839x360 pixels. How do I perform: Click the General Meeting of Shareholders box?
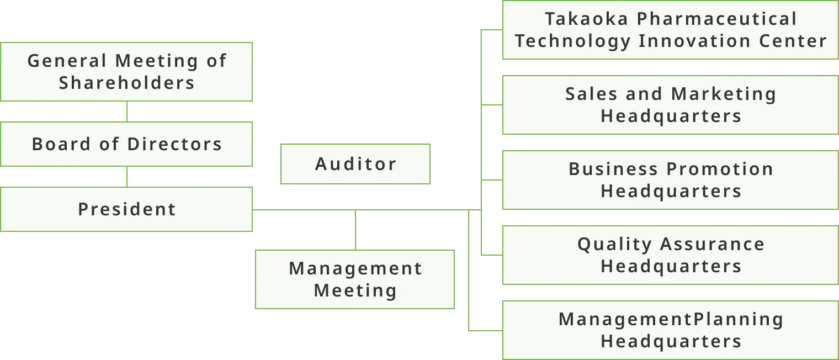tap(127, 71)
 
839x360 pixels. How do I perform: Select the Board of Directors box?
tap(127, 144)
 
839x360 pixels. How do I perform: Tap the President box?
tap(127, 209)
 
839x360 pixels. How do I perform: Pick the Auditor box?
tap(355, 164)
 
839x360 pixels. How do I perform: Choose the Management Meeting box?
tap(354, 279)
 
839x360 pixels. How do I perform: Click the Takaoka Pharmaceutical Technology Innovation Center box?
tap(670, 30)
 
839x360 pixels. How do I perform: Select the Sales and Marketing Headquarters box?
tap(670, 105)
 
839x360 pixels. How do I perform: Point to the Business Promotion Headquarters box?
tap(670, 180)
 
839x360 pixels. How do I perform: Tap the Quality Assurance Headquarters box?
tap(670, 255)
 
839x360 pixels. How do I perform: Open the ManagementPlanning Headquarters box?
tap(670, 330)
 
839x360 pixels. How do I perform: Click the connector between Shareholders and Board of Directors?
tap(127, 112)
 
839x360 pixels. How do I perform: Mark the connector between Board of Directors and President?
tap(127, 177)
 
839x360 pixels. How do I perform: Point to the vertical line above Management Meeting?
tap(355, 230)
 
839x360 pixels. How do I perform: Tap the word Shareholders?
tap(127, 83)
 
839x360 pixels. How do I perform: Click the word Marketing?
tap(724, 94)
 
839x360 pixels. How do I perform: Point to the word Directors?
tap(174, 144)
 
